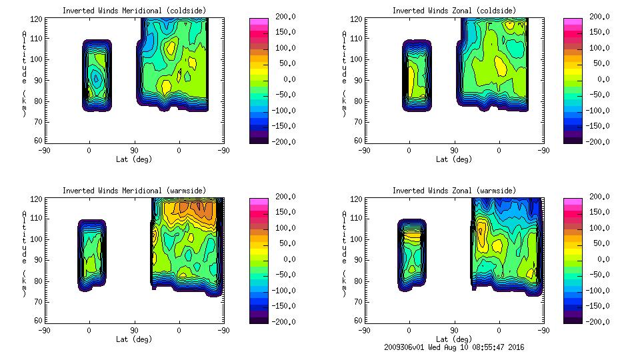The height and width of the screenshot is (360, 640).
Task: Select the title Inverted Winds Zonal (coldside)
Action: click(x=453, y=11)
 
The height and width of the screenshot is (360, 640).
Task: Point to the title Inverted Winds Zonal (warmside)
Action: click(x=453, y=191)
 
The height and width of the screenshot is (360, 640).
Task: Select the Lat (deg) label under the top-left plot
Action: click(x=134, y=159)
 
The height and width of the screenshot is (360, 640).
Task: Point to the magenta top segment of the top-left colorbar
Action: click(x=259, y=22)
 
